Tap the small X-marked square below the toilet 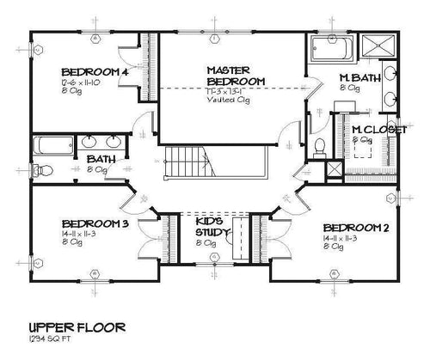tap(329, 169)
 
